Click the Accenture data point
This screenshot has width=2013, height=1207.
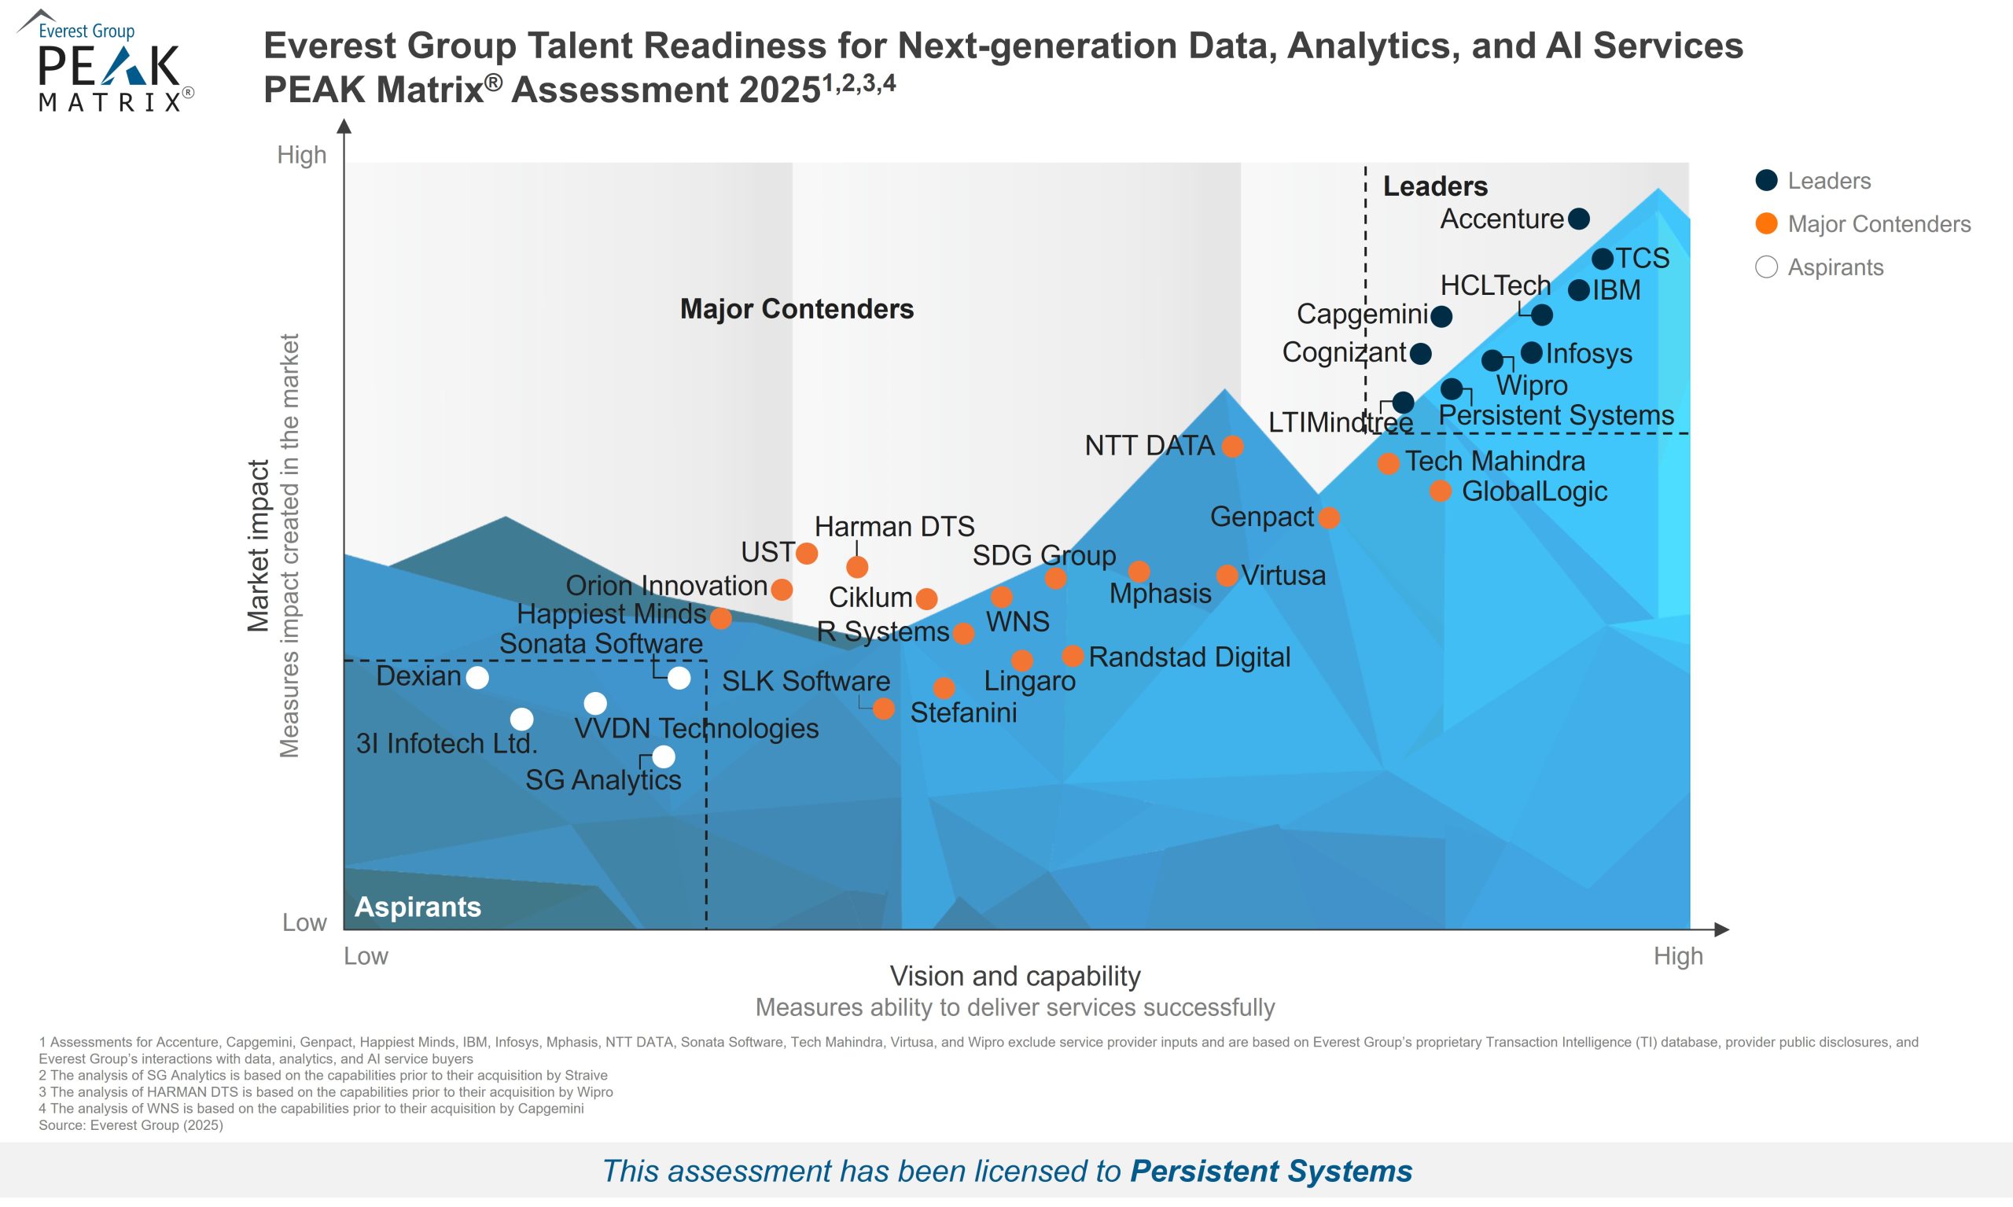pos(1578,219)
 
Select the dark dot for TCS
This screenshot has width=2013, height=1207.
pos(1603,259)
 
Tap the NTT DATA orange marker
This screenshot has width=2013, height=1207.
pos(1232,446)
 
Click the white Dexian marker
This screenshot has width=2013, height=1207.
pos(477,678)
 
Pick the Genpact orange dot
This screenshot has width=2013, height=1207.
pos(1328,517)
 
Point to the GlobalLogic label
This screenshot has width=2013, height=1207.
pos(1534,491)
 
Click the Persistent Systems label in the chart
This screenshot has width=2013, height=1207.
pos(1556,416)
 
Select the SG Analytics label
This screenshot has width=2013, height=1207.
pos(602,780)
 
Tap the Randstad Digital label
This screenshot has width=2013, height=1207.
pos(1189,657)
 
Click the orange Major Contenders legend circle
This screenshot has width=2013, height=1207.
pos(1766,223)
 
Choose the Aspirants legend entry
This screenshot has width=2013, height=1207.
pos(1834,267)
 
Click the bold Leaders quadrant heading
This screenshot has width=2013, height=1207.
pos(1435,186)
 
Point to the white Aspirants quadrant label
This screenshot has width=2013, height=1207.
pos(418,907)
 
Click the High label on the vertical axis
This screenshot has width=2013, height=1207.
pos(302,155)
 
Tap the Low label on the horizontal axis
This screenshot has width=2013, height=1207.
pos(365,955)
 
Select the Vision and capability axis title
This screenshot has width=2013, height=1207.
pos(1015,976)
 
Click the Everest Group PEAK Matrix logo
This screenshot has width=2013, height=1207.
pos(105,61)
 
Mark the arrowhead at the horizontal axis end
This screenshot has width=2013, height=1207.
pos(1721,929)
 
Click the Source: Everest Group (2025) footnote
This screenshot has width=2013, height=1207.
pos(130,1126)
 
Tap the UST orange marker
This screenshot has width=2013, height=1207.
pos(806,554)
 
